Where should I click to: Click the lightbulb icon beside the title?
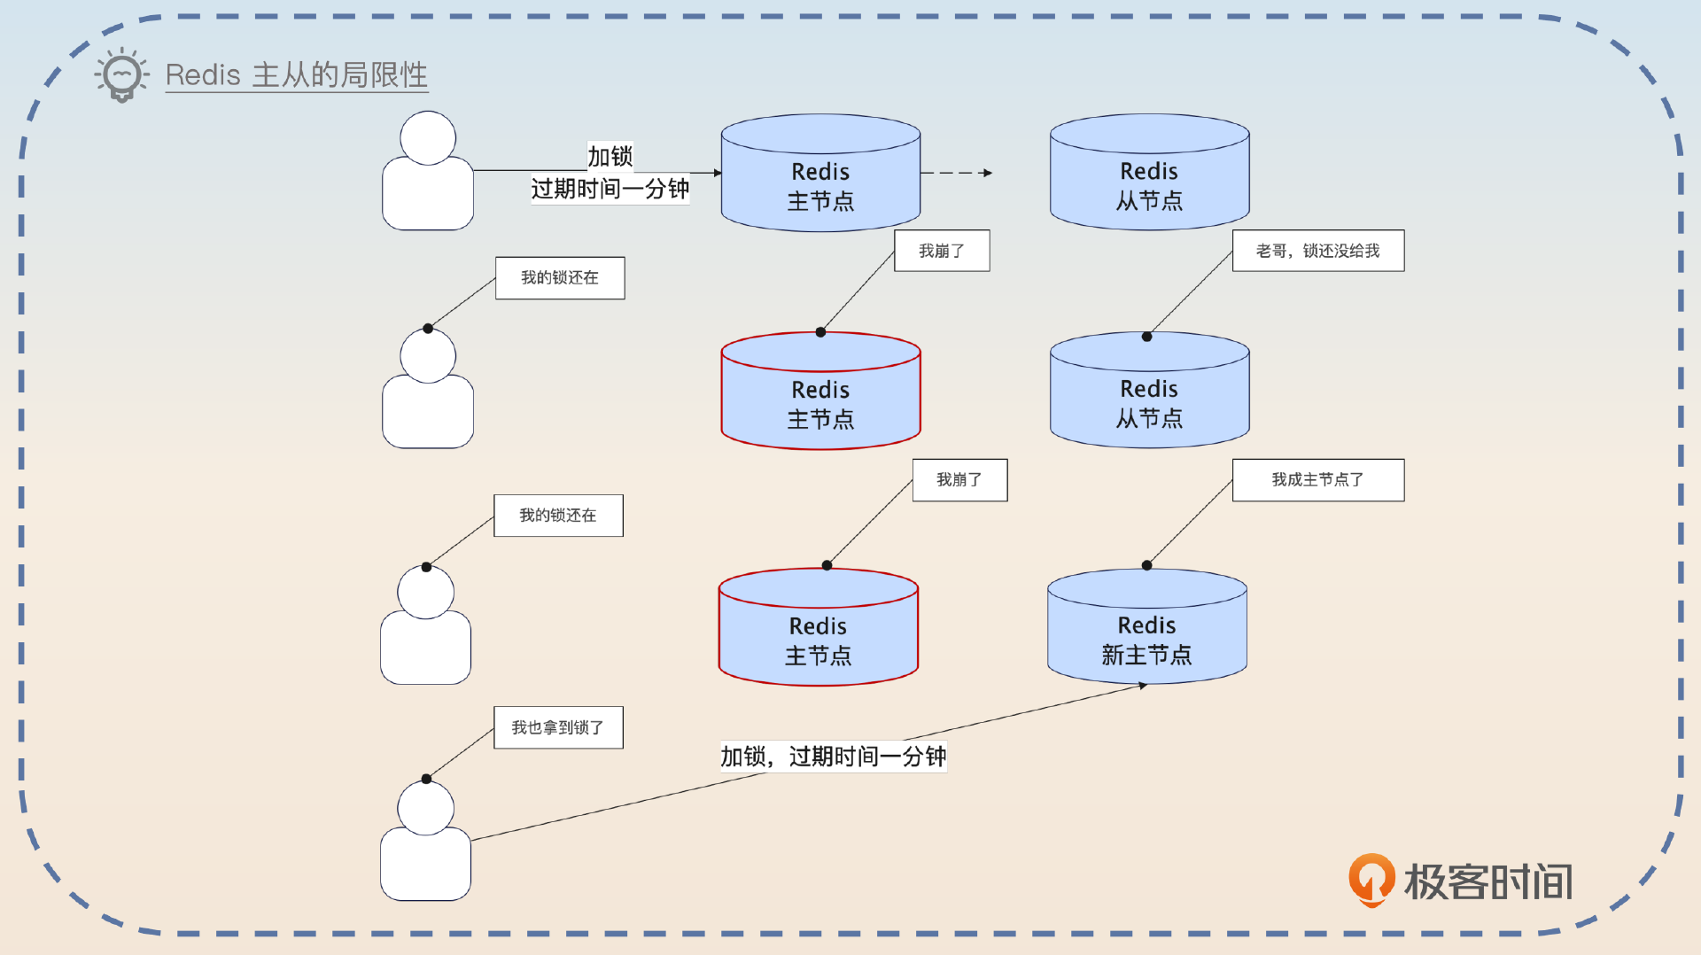click(121, 74)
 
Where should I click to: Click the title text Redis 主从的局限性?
click(296, 74)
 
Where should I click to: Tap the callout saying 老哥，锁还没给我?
click(1317, 251)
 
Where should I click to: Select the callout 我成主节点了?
click(1317, 479)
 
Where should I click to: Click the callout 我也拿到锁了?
click(558, 727)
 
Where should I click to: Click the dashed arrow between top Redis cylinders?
click(957, 173)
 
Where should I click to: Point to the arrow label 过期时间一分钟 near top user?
click(610, 189)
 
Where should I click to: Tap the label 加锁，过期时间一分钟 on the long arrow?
click(833, 757)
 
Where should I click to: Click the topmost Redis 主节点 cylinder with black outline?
click(820, 177)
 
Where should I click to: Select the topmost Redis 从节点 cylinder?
click(1149, 177)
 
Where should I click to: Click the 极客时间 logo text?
click(1488, 882)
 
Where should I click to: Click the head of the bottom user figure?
click(425, 808)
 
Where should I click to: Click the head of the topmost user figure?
click(428, 138)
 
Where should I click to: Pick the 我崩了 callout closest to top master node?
click(941, 251)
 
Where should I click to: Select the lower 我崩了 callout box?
click(959, 479)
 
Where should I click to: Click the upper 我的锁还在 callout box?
click(560, 277)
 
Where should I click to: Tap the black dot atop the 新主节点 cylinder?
click(1146, 565)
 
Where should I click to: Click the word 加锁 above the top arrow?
click(610, 156)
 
